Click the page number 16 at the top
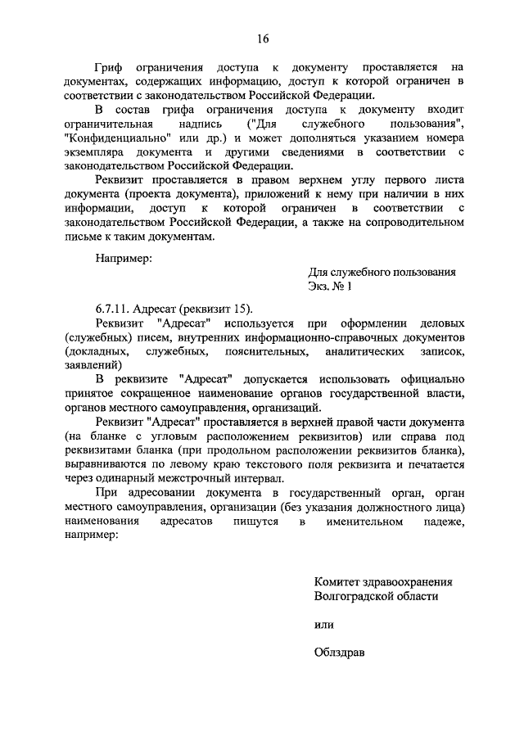tap(262, 38)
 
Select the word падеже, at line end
tap(441, 521)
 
